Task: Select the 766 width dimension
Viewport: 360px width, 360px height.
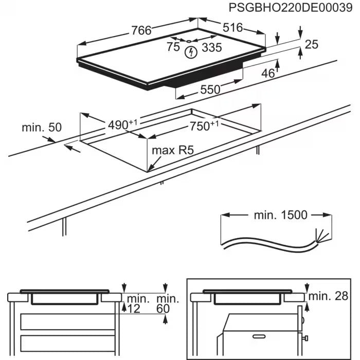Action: (141, 31)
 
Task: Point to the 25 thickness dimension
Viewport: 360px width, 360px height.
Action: (312, 45)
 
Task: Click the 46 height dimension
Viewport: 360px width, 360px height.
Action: (268, 74)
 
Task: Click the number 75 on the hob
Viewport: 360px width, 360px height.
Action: (173, 47)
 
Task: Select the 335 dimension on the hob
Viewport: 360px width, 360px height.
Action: (212, 48)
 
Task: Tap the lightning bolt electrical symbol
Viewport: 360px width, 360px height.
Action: (192, 51)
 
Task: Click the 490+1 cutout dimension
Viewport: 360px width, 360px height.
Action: (123, 124)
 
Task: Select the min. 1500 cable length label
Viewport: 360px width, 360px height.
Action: (280, 215)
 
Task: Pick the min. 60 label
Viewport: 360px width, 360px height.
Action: (168, 303)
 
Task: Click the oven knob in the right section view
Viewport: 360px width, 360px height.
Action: (305, 338)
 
